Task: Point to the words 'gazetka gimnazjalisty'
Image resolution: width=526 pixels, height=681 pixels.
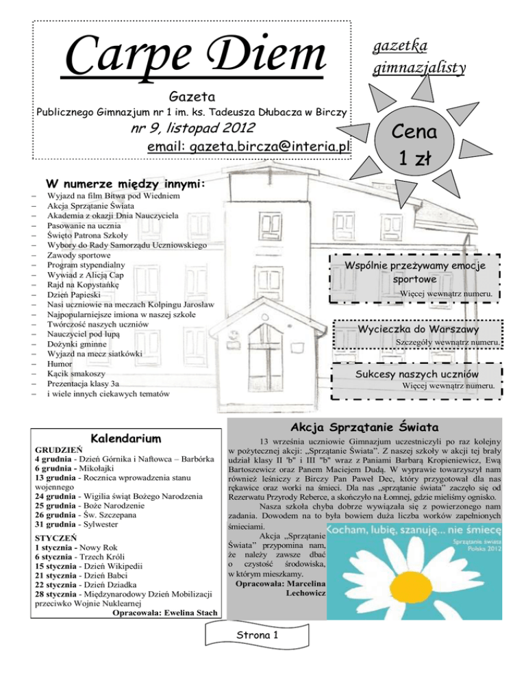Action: point(420,56)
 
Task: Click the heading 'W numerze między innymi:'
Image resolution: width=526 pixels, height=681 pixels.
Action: point(125,184)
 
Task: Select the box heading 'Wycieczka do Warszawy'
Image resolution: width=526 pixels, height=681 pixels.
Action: point(417,330)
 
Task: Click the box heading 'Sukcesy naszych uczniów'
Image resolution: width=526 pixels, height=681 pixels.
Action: point(418,374)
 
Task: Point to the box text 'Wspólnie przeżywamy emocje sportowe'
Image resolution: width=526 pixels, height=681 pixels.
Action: point(415,272)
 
